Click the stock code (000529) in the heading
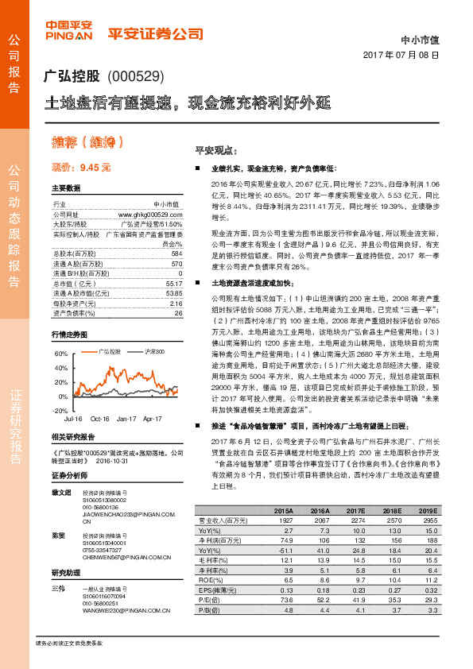pyautogui.click(x=135, y=77)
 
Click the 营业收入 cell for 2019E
pyautogui.click(x=427, y=519)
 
